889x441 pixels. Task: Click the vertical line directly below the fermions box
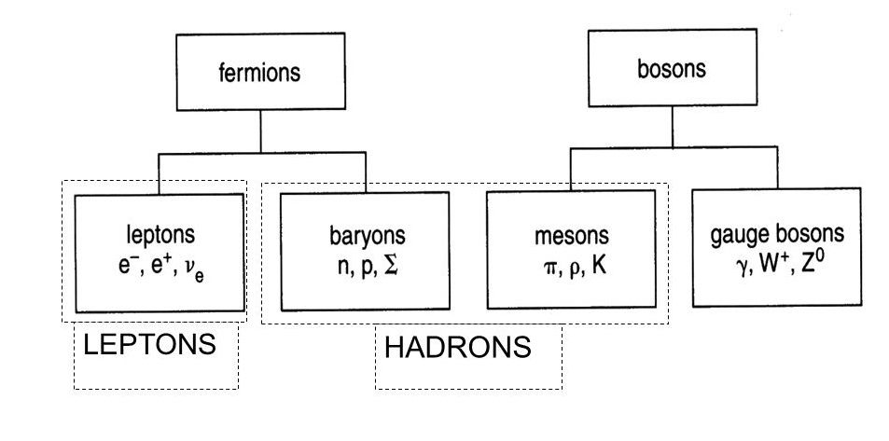coord(260,130)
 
